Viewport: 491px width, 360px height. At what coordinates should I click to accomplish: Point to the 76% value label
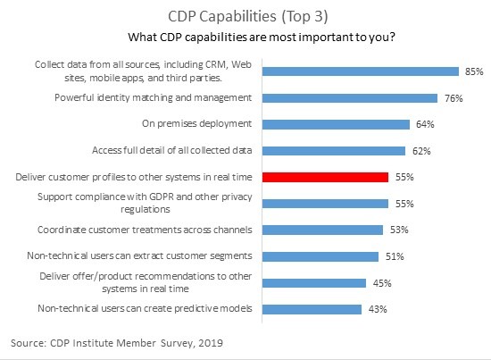click(454, 98)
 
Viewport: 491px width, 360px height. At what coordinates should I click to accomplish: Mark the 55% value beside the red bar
click(404, 177)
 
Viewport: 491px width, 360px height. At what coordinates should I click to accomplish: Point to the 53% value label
click(399, 230)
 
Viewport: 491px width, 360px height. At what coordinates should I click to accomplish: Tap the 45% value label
click(383, 283)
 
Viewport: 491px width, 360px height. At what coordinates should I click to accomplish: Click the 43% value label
click(378, 309)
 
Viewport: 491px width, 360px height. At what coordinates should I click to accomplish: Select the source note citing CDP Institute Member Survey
click(120, 342)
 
